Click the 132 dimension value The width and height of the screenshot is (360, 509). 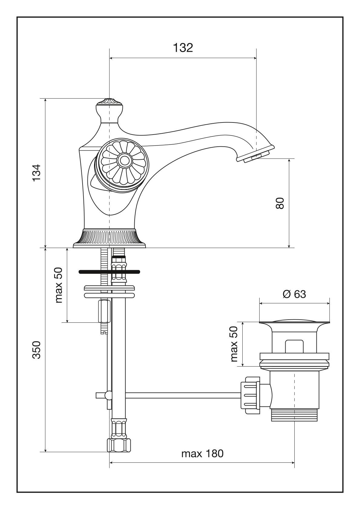click(x=183, y=48)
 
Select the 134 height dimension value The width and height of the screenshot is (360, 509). click(x=37, y=173)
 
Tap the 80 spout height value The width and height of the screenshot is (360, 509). click(x=280, y=203)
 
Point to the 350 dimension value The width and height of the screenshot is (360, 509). click(x=37, y=350)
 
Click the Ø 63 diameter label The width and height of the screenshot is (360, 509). click(x=294, y=294)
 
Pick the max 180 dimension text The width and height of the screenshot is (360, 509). click(x=202, y=454)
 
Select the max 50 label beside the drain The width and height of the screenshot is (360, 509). click(x=234, y=344)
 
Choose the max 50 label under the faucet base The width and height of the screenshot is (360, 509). click(x=59, y=285)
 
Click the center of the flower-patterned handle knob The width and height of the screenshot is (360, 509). click(x=123, y=160)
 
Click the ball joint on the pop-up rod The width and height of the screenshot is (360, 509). click(x=108, y=395)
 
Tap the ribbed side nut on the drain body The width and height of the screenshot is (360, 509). click(x=250, y=395)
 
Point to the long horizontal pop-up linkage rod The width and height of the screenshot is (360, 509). click(x=182, y=395)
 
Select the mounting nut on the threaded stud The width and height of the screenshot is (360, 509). click(x=103, y=311)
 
